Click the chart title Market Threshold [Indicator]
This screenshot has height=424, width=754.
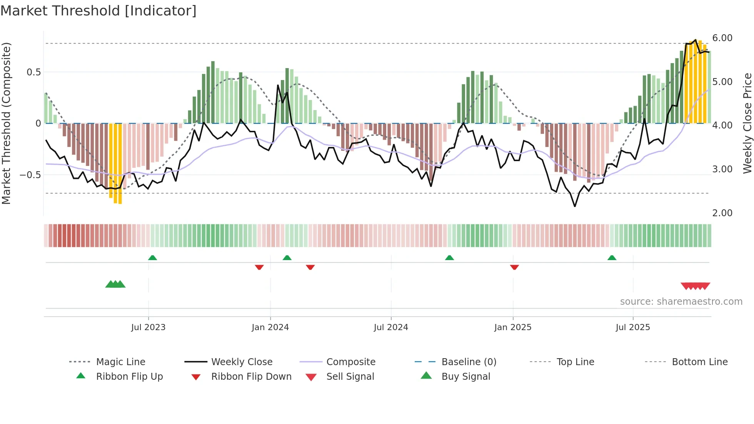click(x=98, y=11)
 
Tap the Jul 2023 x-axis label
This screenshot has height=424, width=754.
click(x=148, y=327)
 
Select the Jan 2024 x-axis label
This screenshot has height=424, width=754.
click(x=270, y=327)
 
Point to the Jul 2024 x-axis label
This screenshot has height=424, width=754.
click(x=391, y=327)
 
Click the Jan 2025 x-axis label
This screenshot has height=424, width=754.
click(x=513, y=327)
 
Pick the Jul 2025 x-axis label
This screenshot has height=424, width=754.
click(x=633, y=327)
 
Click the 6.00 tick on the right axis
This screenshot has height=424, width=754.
click(x=722, y=38)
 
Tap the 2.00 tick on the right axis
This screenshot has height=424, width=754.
click(x=722, y=213)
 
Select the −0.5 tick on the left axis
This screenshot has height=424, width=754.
click(x=30, y=175)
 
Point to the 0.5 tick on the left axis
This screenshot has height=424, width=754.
click(x=33, y=72)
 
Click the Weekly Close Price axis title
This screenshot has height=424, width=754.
click(x=747, y=123)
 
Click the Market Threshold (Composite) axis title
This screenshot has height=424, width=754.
click(x=6, y=123)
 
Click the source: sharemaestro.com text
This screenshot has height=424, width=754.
click(x=681, y=302)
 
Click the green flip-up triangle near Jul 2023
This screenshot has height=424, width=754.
click(x=152, y=258)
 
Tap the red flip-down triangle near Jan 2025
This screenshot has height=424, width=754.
click(x=514, y=267)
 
